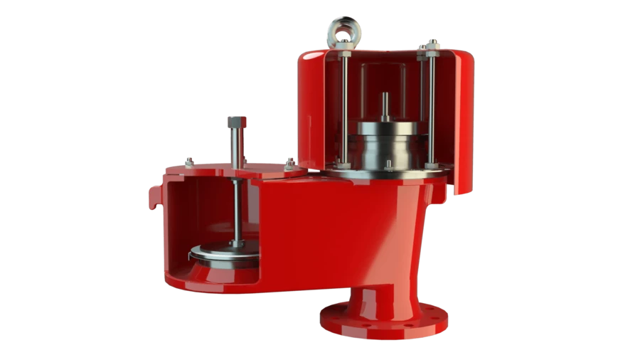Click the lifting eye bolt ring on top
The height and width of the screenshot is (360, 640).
[x=343, y=30]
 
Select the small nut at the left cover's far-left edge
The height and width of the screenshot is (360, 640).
[x=188, y=162]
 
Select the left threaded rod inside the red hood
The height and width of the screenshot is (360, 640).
[x=344, y=107]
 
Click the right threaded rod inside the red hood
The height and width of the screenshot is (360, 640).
[x=431, y=107]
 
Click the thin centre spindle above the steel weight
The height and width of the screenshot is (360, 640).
[x=385, y=107]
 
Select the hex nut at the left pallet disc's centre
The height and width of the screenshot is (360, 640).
[x=235, y=244]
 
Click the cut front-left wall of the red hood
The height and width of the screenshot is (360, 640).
[x=311, y=114]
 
